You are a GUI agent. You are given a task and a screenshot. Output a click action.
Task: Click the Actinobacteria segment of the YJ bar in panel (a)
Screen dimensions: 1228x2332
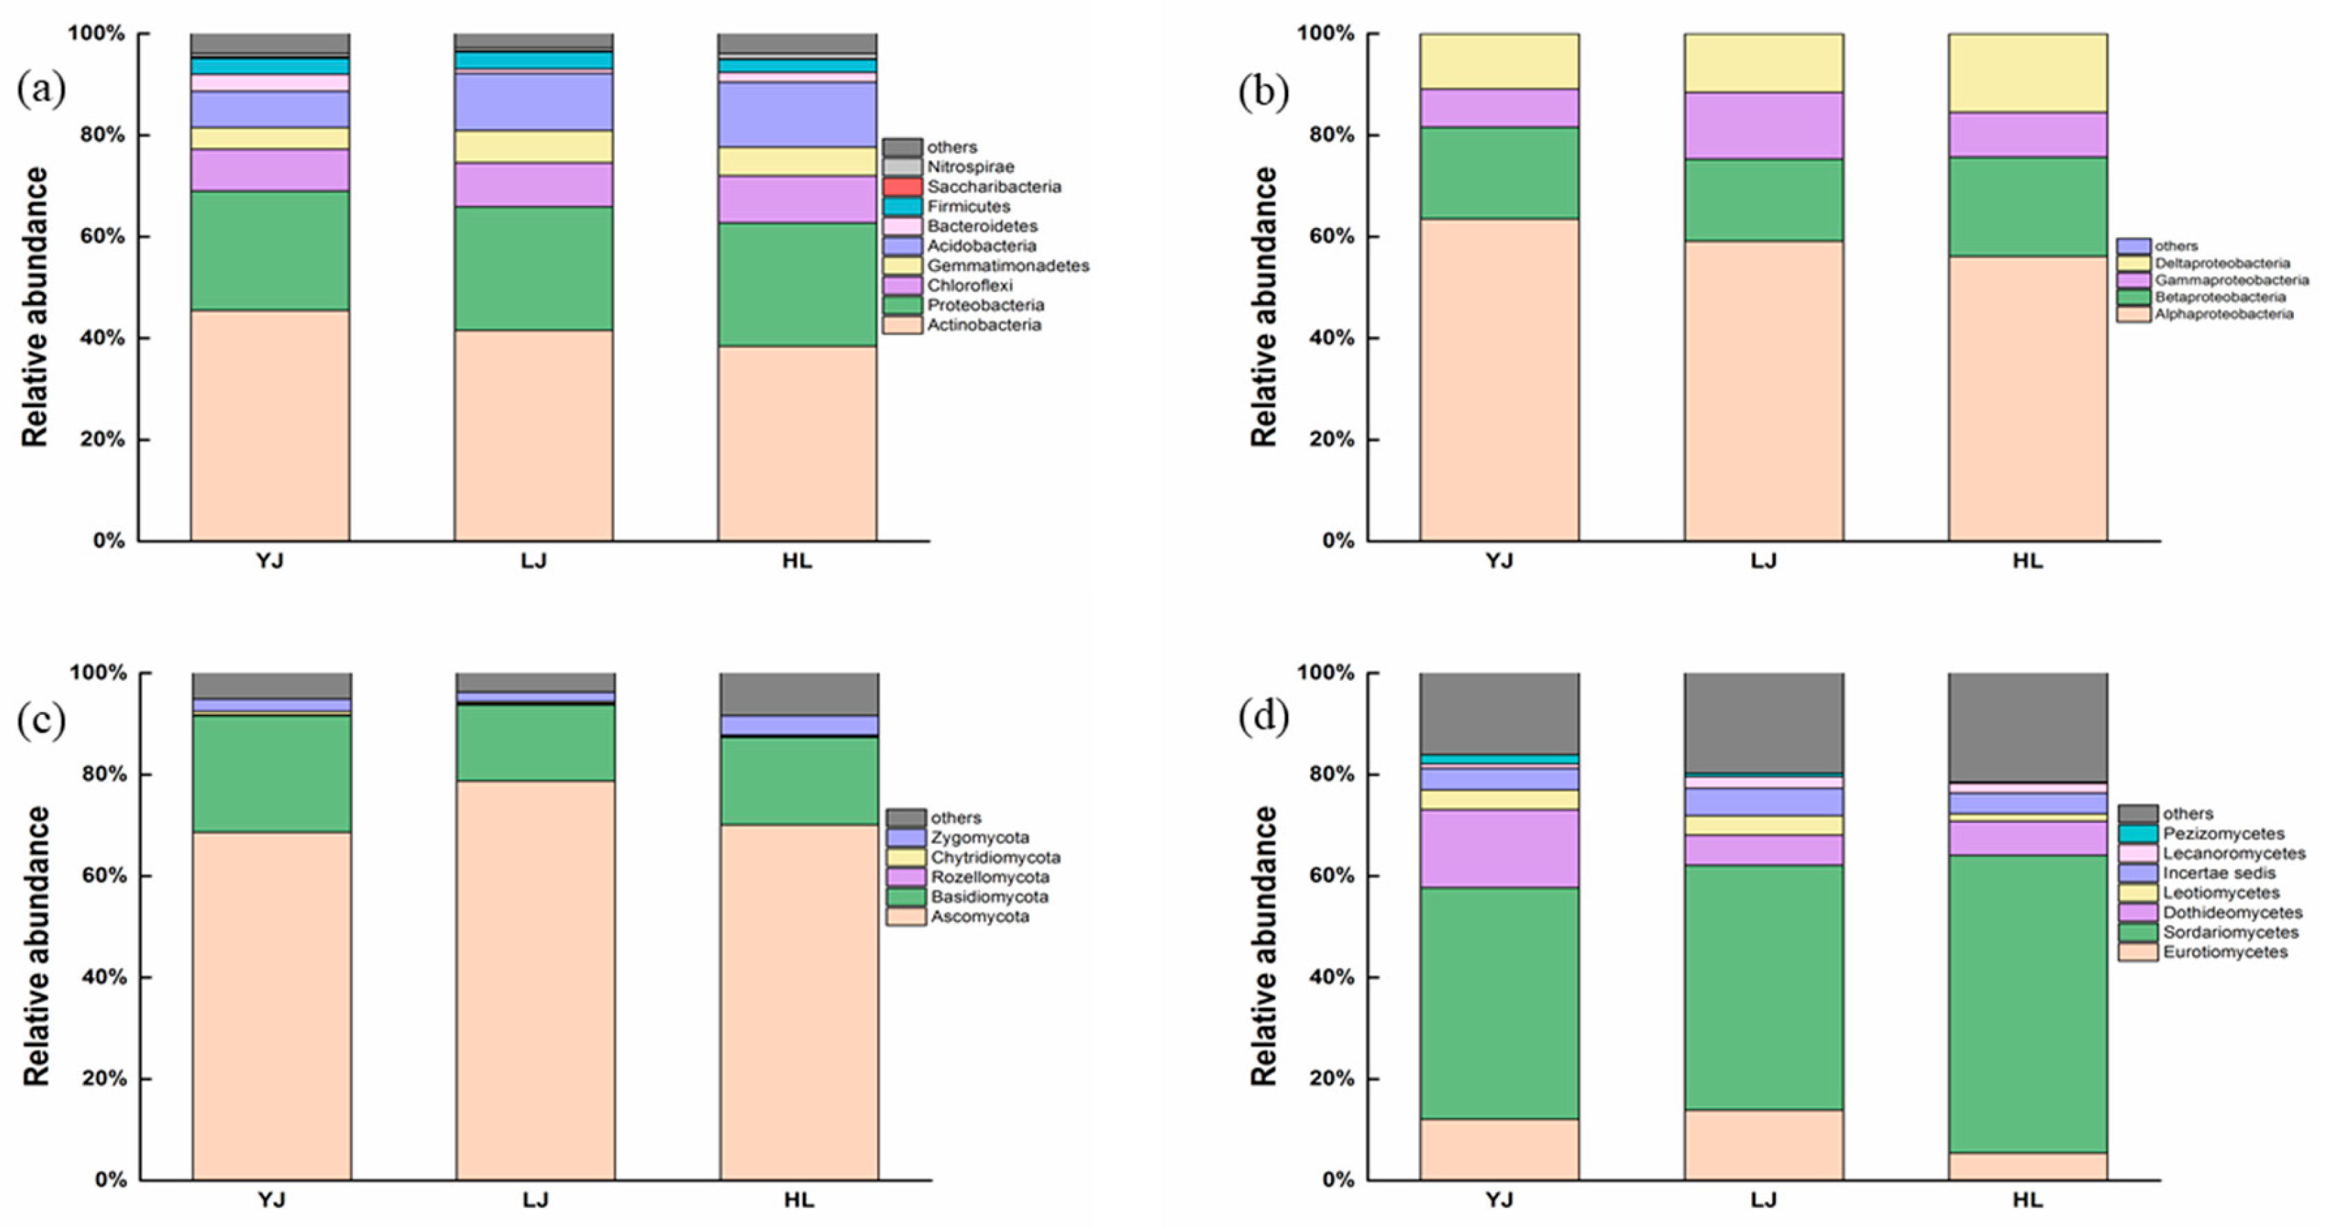pos(270,426)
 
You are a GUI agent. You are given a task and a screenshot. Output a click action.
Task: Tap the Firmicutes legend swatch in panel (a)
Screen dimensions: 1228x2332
pos(902,207)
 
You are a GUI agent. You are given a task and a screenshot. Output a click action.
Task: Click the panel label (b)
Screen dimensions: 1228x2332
pos(1263,92)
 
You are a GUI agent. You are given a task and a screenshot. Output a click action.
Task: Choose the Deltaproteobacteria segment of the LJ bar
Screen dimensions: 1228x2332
pos(1763,63)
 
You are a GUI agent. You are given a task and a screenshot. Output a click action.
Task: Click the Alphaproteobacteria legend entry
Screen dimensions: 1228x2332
pos(2222,314)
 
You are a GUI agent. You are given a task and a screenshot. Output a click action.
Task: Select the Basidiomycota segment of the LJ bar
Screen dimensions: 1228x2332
pos(535,743)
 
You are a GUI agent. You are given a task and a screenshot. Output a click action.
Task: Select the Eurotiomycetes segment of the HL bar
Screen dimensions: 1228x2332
pos(2027,1166)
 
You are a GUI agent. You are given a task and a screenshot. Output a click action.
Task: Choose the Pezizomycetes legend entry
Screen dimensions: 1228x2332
pos(2222,833)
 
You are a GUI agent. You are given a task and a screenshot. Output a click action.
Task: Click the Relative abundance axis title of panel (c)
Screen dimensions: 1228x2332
pos(35,946)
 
